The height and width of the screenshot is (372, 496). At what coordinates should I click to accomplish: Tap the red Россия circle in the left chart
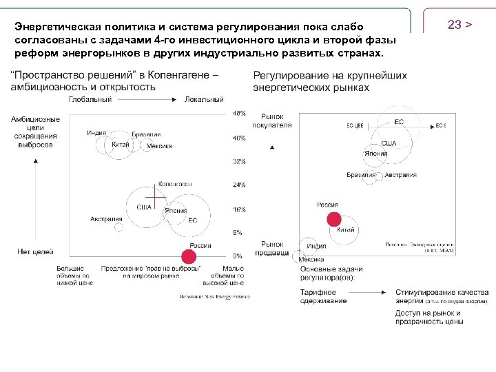point(184,255)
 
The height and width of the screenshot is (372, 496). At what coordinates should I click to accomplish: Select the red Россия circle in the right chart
point(333,219)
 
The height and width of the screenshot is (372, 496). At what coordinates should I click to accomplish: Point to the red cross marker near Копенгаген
point(156,198)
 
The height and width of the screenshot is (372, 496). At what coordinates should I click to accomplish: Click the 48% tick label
point(238,113)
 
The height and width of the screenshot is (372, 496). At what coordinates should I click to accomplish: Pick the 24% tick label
point(238,185)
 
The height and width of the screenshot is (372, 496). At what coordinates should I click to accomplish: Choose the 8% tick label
point(238,233)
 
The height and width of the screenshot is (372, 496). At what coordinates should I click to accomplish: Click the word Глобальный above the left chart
point(90,99)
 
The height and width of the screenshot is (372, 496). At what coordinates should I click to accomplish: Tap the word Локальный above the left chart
point(205,99)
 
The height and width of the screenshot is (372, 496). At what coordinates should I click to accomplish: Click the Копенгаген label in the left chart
point(175,185)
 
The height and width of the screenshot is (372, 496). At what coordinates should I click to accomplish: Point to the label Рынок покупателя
point(276,121)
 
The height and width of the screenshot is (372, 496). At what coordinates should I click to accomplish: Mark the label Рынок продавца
point(272,249)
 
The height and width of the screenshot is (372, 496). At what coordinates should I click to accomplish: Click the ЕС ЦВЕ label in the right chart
point(355,126)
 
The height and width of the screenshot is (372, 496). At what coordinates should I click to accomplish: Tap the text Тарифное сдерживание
point(323,297)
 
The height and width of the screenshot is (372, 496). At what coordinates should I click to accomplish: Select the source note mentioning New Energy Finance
point(214,297)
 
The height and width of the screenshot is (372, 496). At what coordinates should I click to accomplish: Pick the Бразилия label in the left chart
point(147,134)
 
